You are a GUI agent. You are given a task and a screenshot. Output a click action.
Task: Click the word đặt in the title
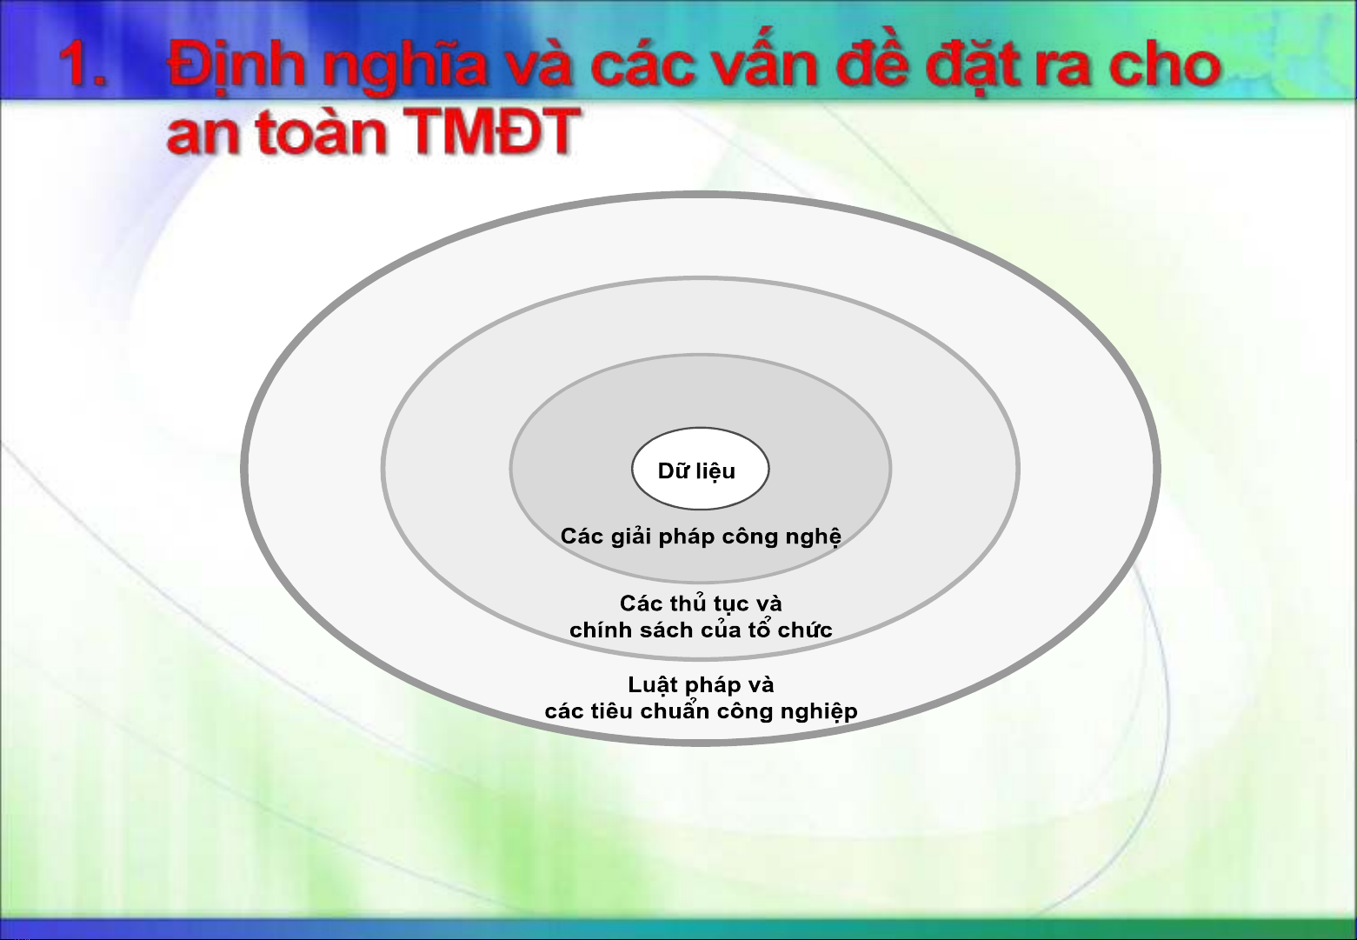tap(970, 65)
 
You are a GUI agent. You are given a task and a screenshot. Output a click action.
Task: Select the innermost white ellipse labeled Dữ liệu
tap(701, 469)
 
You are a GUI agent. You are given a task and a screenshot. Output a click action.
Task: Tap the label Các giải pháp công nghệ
tap(701, 537)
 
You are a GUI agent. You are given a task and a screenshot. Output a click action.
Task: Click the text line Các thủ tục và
tap(701, 604)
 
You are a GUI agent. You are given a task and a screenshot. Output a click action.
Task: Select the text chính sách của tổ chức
tap(701, 630)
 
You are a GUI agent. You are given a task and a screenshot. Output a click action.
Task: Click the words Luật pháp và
tap(701, 685)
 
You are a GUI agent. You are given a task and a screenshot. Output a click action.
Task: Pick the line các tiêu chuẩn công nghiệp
tap(701, 711)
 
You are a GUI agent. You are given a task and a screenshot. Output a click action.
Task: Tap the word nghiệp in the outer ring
tap(819, 712)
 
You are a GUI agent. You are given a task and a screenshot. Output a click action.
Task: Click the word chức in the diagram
tap(805, 630)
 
